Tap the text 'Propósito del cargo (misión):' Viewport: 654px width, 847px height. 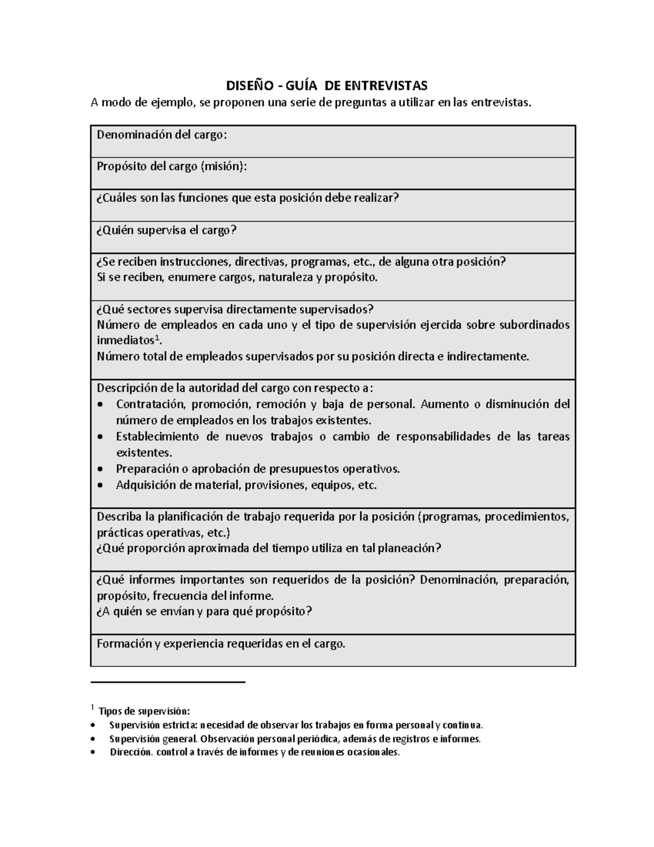[x=172, y=166]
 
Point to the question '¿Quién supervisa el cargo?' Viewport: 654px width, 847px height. [x=167, y=230]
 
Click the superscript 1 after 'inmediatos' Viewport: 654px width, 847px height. [x=158, y=338]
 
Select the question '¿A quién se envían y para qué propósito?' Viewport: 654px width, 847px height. [x=204, y=611]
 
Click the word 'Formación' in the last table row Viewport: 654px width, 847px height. [x=124, y=644]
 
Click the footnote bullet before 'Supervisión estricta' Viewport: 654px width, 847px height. [x=97, y=726]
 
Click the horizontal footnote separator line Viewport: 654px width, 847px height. [x=168, y=682]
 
